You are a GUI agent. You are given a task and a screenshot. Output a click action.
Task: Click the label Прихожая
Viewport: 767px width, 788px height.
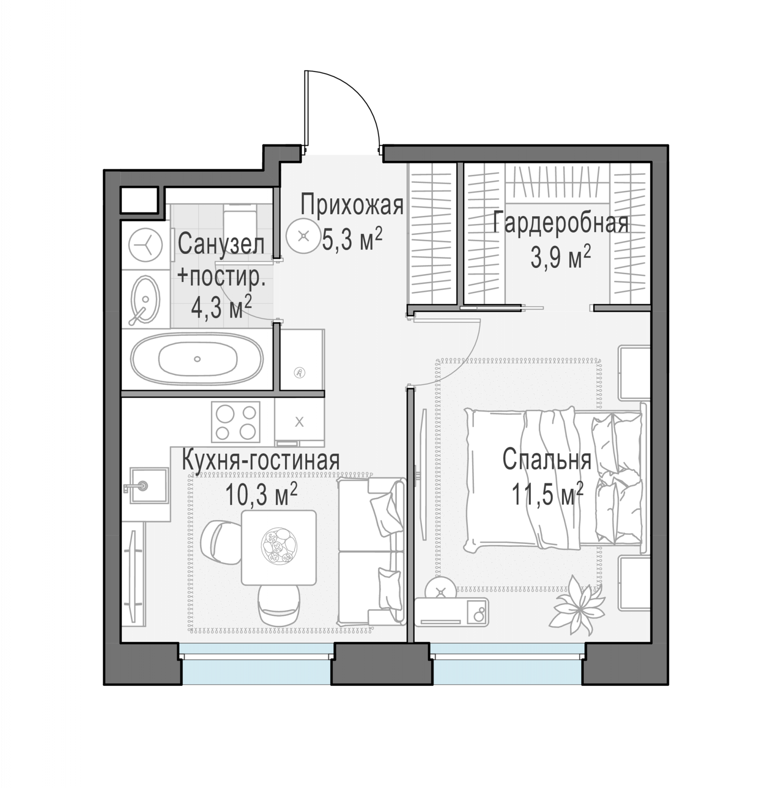coord(352,205)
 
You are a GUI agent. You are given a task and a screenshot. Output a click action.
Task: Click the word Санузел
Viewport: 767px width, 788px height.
coord(221,244)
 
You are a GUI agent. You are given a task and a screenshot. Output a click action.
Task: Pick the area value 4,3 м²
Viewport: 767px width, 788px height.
coord(221,307)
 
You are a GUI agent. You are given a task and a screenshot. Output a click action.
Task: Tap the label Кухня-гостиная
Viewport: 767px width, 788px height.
coord(261,460)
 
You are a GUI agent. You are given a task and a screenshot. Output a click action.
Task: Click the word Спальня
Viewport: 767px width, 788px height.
coord(547,460)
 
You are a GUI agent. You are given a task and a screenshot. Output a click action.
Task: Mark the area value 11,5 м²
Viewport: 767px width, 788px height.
coord(547,494)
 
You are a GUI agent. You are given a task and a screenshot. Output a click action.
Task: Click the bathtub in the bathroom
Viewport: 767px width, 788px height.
coord(197,359)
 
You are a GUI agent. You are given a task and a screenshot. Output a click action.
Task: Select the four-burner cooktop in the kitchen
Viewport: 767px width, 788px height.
coord(236,422)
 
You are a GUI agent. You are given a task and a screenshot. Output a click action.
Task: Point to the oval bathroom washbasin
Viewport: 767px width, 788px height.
coord(145,300)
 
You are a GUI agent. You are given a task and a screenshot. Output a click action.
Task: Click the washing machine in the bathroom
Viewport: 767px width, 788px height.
coord(145,245)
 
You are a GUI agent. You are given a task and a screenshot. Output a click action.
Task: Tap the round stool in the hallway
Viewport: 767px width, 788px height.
coord(303,236)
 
